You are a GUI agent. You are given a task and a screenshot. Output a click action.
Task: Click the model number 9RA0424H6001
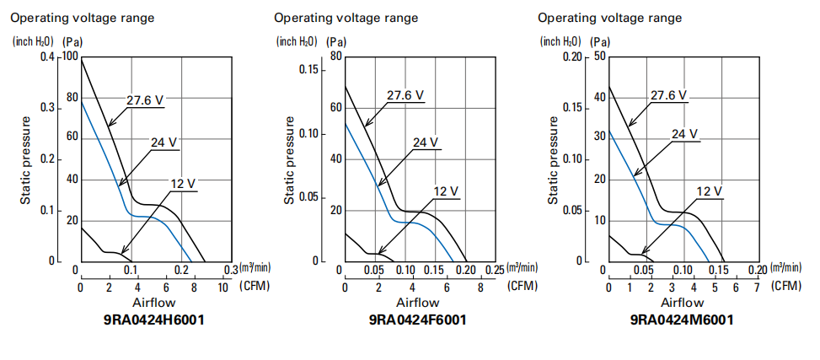click(x=155, y=320)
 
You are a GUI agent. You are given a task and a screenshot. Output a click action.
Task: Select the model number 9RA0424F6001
click(x=418, y=320)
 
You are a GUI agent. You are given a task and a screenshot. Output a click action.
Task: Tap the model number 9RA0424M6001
click(x=682, y=320)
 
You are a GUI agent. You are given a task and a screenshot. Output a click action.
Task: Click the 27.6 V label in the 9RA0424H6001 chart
click(x=145, y=99)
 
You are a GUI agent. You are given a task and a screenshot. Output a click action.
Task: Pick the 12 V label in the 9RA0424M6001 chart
click(x=710, y=192)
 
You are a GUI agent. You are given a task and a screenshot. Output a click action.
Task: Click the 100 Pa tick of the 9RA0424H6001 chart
click(x=67, y=57)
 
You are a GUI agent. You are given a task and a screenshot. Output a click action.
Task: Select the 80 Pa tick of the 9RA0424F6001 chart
click(x=335, y=56)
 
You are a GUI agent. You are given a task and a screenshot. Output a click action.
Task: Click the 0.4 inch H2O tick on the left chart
click(x=46, y=57)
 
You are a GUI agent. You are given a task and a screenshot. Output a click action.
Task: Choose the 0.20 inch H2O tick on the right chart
click(x=572, y=56)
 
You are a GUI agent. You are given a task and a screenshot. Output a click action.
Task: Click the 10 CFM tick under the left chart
click(x=224, y=287)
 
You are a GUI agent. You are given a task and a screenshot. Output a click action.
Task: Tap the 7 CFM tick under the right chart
click(x=758, y=287)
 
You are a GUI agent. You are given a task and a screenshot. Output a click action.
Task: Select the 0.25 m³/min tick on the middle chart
click(x=493, y=270)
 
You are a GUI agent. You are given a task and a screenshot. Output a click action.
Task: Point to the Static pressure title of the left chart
click(x=26, y=160)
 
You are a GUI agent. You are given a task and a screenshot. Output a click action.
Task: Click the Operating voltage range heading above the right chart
click(x=609, y=18)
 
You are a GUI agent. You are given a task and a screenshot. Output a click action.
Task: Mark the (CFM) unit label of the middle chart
click(x=521, y=287)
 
